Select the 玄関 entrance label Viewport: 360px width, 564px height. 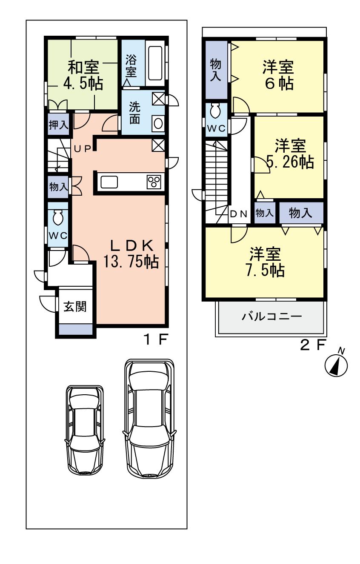(75, 306)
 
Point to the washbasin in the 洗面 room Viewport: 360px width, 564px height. (158, 124)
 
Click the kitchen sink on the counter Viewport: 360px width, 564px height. (109, 182)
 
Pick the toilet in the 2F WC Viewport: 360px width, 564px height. (215, 111)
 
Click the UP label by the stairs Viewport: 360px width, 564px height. (83, 148)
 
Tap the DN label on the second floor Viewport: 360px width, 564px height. (238, 214)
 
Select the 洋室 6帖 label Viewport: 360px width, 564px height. (277, 75)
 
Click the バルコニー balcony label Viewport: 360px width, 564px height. (272, 317)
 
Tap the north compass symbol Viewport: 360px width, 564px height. (337, 365)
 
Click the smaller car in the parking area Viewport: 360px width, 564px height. (85, 430)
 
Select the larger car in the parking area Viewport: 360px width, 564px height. (149, 419)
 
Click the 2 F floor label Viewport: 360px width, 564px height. (312, 345)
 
